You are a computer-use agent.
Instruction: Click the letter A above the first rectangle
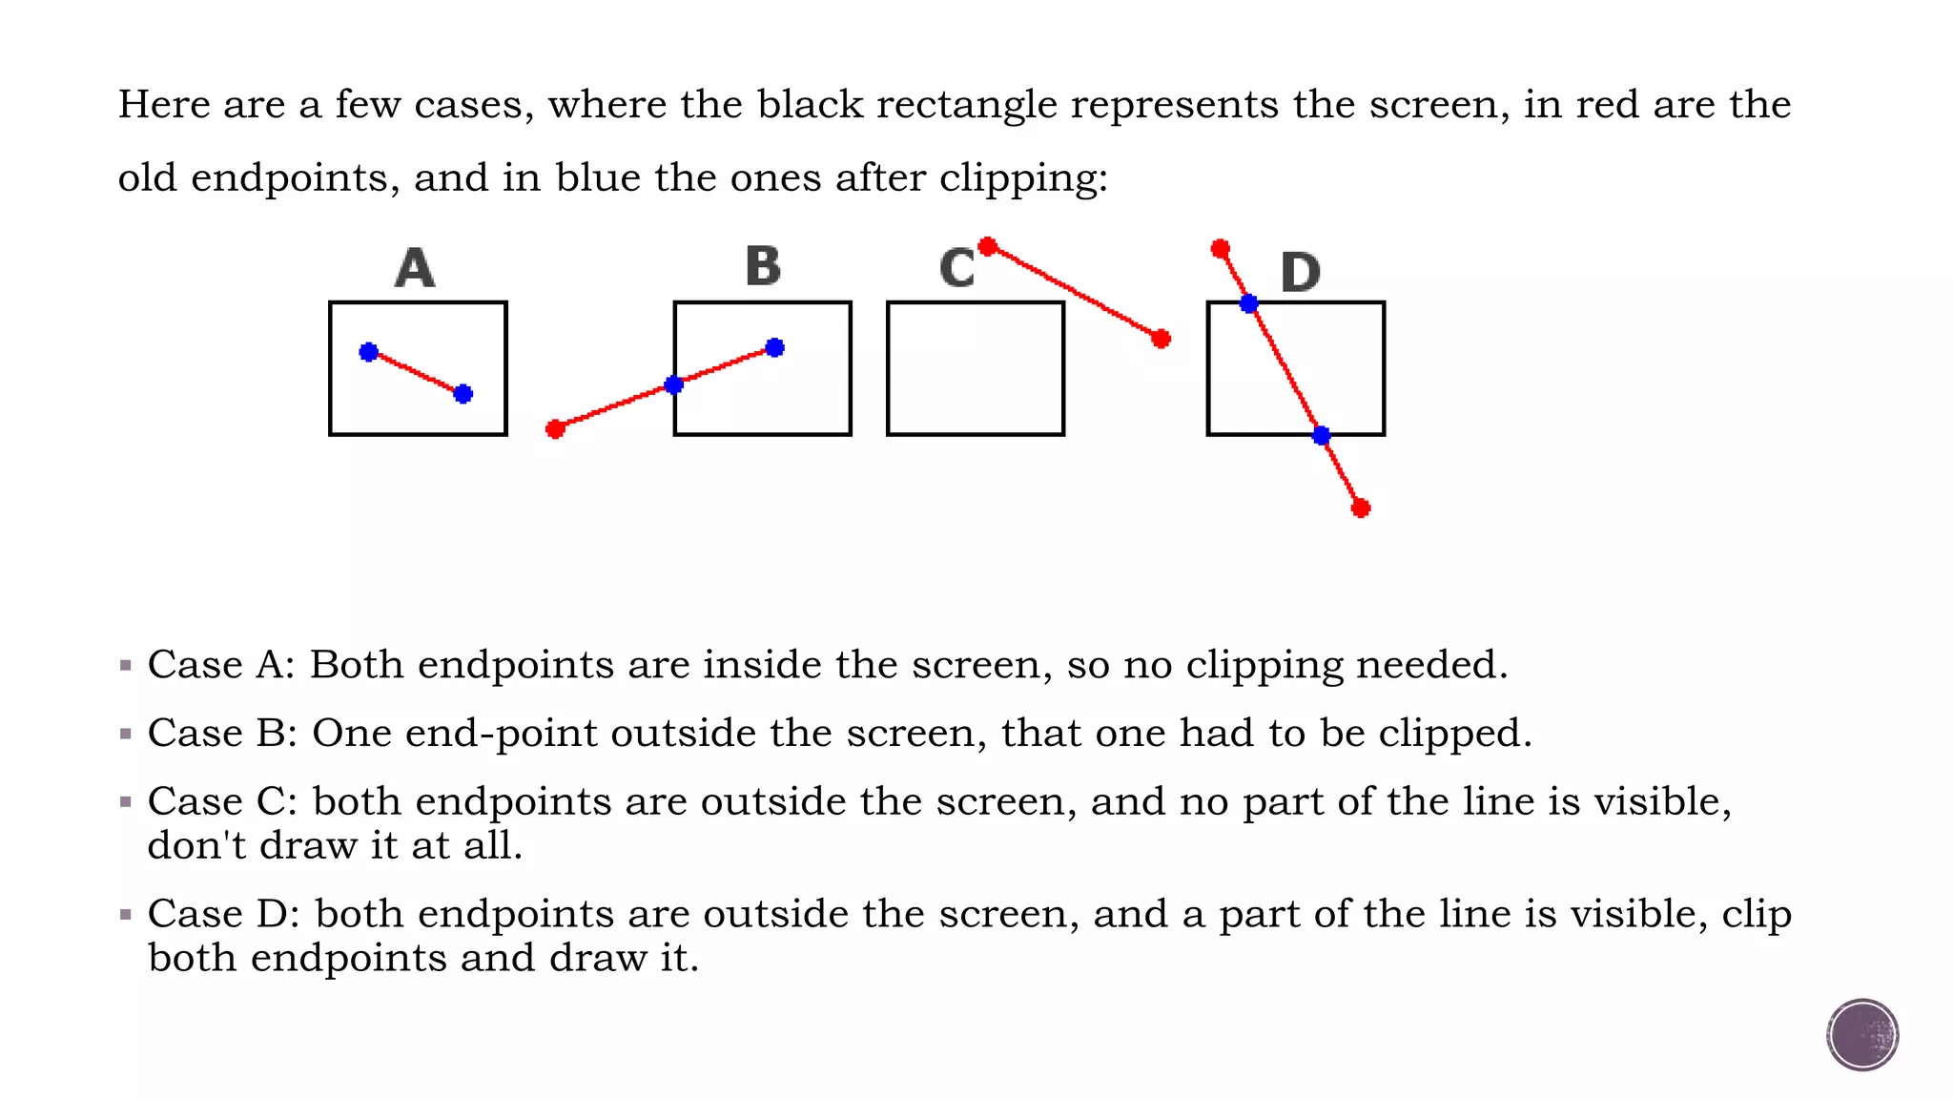415,268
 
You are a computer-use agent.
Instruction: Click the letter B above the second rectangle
763,266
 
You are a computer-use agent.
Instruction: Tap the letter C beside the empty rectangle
956,268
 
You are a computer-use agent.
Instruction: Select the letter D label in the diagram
1301,273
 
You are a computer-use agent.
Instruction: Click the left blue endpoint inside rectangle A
369,352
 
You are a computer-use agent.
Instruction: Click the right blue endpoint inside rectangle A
463,394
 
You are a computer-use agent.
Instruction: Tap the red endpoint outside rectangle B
556,429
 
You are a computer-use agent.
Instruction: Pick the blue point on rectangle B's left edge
674,385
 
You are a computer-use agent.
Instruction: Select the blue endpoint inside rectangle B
775,348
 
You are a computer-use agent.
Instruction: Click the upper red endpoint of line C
988,247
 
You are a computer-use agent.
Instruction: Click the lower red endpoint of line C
1161,339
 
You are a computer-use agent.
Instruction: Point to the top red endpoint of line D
1221,249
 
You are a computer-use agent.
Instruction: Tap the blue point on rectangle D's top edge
1249,304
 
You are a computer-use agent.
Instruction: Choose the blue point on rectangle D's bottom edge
1321,436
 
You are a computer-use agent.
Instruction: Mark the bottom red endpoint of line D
1361,508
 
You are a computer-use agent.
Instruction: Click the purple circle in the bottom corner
1862,1035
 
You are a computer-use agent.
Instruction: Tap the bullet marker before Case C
126,802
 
